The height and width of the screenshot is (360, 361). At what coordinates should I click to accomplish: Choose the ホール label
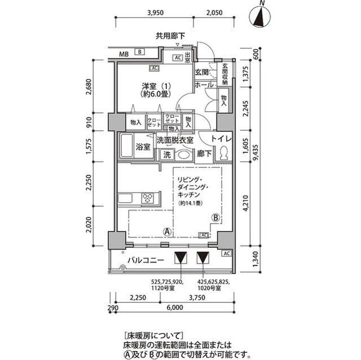click(203, 85)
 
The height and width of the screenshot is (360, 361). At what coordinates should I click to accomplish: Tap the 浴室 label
click(143, 148)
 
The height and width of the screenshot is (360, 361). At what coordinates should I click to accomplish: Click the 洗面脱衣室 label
click(175, 140)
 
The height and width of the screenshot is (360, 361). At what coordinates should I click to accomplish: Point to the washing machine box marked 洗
click(167, 154)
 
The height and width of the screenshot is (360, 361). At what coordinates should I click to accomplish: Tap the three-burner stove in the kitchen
click(149, 198)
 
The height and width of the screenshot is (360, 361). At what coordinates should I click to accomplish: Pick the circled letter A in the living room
click(168, 231)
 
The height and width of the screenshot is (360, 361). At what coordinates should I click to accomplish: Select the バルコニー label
click(145, 260)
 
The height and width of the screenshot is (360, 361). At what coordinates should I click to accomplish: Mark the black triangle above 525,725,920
click(180, 258)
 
